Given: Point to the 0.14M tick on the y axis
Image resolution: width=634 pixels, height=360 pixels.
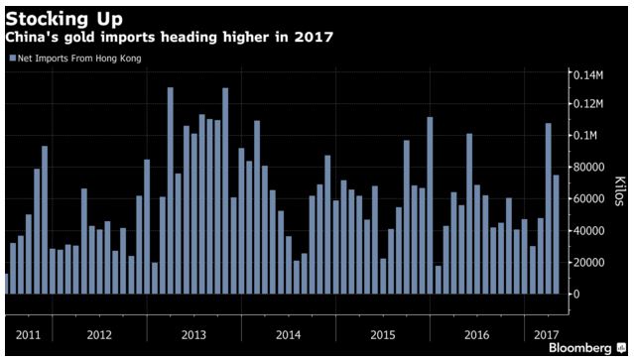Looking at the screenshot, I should point(586,74).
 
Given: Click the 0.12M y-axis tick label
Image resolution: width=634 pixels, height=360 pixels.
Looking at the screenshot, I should point(586,104).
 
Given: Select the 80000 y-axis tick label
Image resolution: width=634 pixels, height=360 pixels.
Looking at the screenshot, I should point(585,167).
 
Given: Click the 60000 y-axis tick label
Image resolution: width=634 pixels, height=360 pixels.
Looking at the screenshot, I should point(585,198).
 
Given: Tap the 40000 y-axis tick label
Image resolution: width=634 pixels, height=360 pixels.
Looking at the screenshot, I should point(585,230).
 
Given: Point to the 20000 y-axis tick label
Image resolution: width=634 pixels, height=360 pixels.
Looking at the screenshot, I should point(585,262).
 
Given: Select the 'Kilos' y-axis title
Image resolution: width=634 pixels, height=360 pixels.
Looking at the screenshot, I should point(617,183).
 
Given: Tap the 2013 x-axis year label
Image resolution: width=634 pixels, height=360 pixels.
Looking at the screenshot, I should point(193,334).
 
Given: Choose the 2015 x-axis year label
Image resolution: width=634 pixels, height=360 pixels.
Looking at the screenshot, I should point(382,334).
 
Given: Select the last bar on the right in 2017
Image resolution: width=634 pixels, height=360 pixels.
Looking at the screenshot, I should point(557,235).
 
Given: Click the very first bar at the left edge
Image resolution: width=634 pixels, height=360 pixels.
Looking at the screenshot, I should point(7,284).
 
